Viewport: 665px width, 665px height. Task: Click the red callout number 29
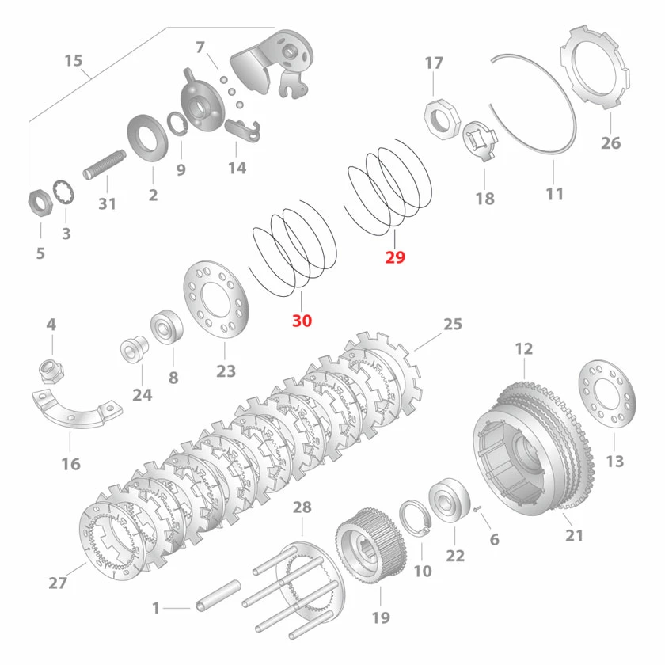pyautogui.click(x=395, y=257)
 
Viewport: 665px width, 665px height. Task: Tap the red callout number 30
pyautogui.click(x=302, y=321)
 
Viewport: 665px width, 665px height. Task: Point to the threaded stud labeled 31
pyautogui.click(x=104, y=165)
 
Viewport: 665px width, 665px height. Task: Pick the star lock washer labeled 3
pyautogui.click(x=64, y=194)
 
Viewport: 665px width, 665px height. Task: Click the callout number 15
pyautogui.click(x=73, y=60)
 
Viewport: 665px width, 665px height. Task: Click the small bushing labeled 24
pyautogui.click(x=134, y=349)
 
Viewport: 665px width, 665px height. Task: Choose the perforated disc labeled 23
pyautogui.click(x=216, y=299)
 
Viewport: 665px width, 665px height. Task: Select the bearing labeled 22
pyautogui.click(x=450, y=500)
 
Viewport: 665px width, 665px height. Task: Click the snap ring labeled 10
pyautogui.click(x=416, y=519)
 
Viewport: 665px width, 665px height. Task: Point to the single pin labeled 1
pyautogui.click(x=218, y=596)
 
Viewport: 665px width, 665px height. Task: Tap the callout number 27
pyautogui.click(x=58, y=583)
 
